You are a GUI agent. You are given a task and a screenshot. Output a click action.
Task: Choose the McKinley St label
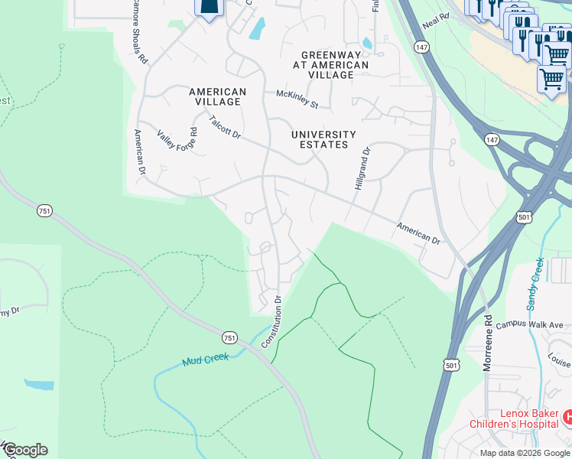(297, 98)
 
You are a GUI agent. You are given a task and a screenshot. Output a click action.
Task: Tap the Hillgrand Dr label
(362, 169)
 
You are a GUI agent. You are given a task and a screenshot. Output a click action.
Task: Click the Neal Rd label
(435, 21)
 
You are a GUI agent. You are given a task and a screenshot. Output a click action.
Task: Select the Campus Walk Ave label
(528, 325)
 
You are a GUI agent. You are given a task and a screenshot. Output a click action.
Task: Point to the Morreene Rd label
(486, 343)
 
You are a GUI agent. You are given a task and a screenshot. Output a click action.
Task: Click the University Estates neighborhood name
(324, 139)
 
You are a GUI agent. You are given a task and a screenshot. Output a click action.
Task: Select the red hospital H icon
(567, 418)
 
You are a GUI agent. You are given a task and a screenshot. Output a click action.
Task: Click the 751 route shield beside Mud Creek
(229, 337)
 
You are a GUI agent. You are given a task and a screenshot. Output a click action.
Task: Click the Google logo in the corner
(24, 450)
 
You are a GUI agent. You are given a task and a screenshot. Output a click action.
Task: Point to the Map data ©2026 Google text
(525, 453)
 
